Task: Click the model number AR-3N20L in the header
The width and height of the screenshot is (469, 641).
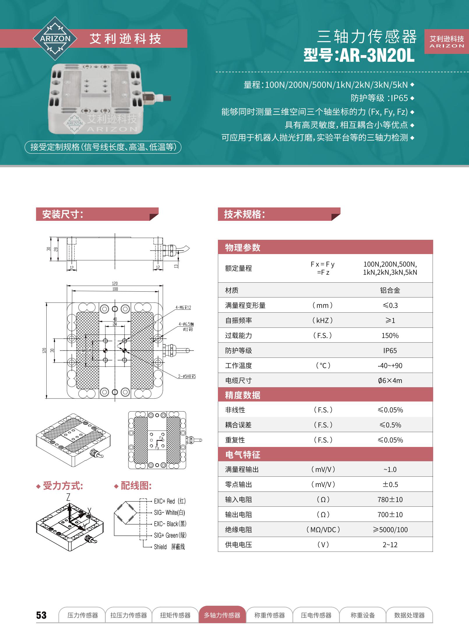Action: click(x=377, y=55)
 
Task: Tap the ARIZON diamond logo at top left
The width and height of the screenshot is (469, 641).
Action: click(x=55, y=38)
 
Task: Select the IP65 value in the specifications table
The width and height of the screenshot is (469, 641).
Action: click(x=390, y=351)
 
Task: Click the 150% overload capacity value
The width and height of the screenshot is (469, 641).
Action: click(x=390, y=335)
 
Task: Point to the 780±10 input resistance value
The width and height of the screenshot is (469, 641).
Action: click(x=390, y=499)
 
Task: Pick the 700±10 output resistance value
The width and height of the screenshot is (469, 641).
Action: click(x=390, y=515)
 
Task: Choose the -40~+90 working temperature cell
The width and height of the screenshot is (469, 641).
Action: click(x=390, y=365)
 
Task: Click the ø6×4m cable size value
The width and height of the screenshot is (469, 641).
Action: click(x=390, y=381)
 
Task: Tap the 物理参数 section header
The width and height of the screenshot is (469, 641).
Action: click(x=243, y=247)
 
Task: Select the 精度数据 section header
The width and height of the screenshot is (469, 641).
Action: click(x=243, y=395)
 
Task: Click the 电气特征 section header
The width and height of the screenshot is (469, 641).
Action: click(x=243, y=455)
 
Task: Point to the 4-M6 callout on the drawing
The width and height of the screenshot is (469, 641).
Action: click(x=183, y=307)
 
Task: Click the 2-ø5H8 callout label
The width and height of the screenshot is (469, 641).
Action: click(x=187, y=376)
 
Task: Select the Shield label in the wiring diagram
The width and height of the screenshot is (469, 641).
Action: click(x=160, y=547)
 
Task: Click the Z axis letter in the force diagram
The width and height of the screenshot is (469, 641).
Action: click(x=68, y=497)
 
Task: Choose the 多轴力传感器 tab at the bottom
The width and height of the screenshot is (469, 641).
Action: click(x=222, y=615)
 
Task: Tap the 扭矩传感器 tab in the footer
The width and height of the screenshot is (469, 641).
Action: click(x=175, y=615)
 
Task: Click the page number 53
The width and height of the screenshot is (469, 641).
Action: click(x=41, y=615)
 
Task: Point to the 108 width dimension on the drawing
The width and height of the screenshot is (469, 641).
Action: click(x=115, y=289)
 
